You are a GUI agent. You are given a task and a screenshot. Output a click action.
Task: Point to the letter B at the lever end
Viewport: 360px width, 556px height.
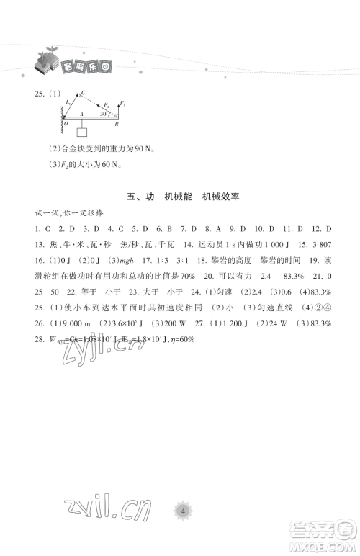point(118,124)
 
